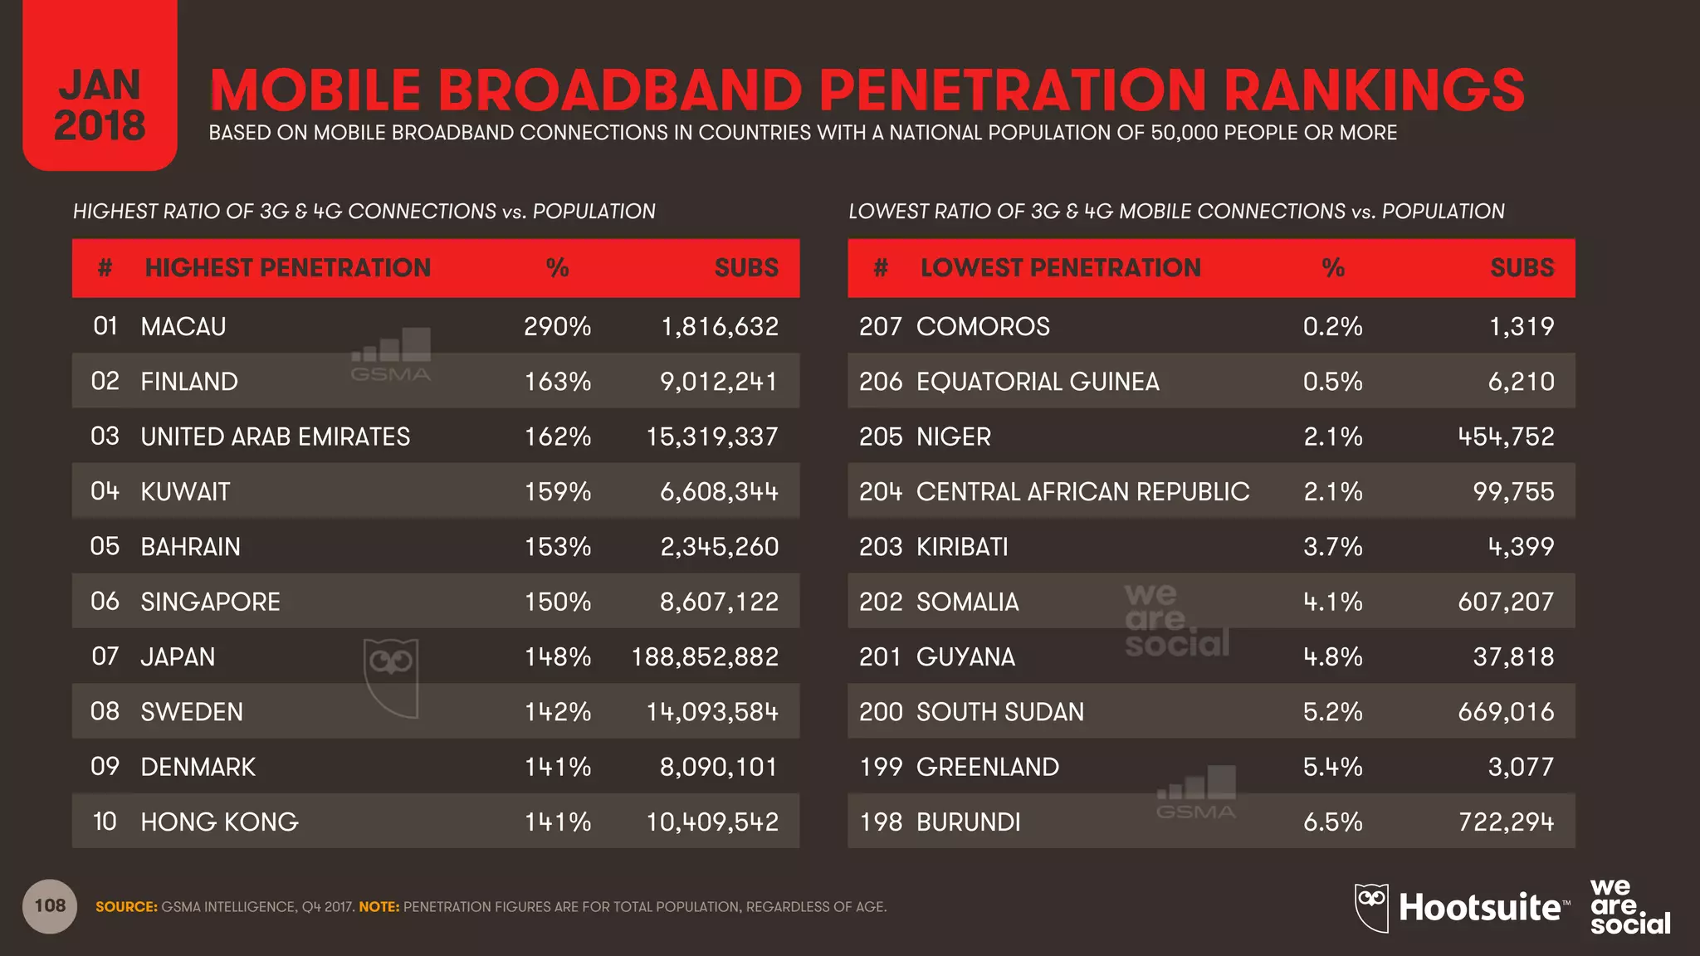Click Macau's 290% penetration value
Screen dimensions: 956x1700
coord(557,326)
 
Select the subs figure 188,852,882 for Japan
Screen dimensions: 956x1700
coord(705,656)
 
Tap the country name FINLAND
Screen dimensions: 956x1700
coord(189,382)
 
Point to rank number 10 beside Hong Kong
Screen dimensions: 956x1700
coord(105,822)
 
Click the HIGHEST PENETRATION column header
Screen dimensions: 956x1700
coord(287,268)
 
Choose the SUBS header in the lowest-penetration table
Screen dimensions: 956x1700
coord(1522,268)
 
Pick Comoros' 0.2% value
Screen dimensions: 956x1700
coord(1332,326)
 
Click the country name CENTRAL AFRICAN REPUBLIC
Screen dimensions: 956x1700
coord(1082,492)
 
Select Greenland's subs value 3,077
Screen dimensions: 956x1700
coord(1521,767)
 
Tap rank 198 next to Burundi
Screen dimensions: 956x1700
coord(881,822)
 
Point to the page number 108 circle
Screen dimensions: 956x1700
coord(50,906)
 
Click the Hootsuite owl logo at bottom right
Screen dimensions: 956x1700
coord(1371,907)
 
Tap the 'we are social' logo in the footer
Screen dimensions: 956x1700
coord(1629,906)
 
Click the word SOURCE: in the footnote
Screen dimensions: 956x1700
coord(126,907)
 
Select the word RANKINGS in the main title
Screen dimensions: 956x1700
coord(1374,90)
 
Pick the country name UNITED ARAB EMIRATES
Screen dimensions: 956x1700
coord(275,437)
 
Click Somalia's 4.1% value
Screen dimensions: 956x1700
coord(1332,602)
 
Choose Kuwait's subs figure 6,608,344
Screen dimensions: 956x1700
coord(719,492)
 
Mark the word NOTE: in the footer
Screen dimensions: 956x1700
coord(379,907)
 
